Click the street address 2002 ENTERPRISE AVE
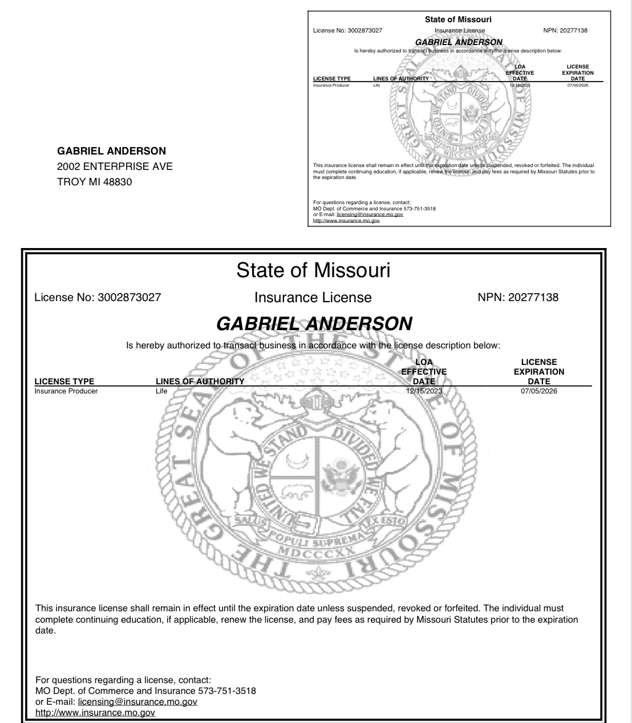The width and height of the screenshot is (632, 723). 115,166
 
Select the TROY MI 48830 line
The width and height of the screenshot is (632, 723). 94,182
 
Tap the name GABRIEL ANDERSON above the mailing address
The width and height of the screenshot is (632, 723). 111,151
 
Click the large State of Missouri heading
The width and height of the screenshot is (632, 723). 313,270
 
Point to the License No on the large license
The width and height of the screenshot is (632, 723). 98,297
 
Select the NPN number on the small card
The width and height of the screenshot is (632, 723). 565,30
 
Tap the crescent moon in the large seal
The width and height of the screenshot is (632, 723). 297,457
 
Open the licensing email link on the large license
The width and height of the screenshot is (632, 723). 137,702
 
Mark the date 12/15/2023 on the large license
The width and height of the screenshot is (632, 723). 424,391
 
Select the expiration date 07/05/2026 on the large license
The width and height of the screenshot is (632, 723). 538,391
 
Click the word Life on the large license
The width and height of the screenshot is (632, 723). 161,391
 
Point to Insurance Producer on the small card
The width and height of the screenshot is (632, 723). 331,86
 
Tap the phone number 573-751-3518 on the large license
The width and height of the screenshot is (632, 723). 226,691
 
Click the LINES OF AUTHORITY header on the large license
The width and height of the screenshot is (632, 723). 200,381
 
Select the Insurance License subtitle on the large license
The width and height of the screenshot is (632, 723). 313,298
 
